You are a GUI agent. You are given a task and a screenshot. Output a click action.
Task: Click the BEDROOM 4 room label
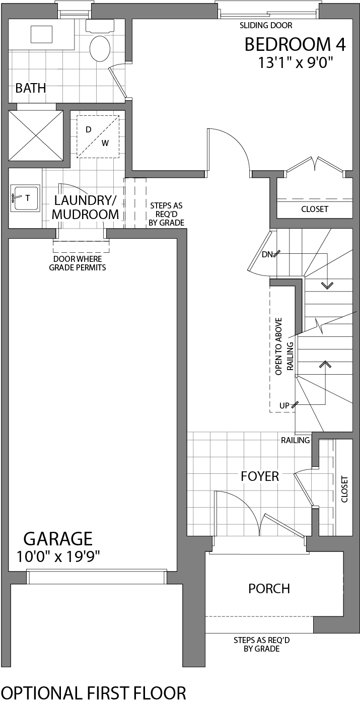pyautogui.click(x=295, y=45)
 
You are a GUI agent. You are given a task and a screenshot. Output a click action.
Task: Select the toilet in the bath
pyautogui.click(x=100, y=48)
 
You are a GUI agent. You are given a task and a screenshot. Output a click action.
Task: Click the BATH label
pyautogui.click(x=31, y=88)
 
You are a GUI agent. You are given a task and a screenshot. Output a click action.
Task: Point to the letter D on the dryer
pyautogui.click(x=89, y=129)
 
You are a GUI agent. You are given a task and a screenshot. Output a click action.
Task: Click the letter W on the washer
pyautogui.click(x=105, y=143)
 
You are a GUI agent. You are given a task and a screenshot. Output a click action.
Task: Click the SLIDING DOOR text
pyautogui.click(x=266, y=25)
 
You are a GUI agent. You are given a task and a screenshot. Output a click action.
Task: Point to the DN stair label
pyautogui.click(x=267, y=254)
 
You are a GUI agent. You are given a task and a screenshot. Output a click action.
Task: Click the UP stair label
pyautogui.click(x=285, y=405)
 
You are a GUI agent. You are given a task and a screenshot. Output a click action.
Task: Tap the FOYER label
pyautogui.click(x=260, y=476)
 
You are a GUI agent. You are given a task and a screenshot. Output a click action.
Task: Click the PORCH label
pyautogui.click(x=269, y=588)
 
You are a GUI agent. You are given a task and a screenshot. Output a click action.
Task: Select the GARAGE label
pyautogui.click(x=58, y=539)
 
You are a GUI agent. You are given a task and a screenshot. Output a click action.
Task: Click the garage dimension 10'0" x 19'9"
pyautogui.click(x=58, y=556)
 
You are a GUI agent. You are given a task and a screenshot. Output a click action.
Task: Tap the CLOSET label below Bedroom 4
pyautogui.click(x=315, y=209)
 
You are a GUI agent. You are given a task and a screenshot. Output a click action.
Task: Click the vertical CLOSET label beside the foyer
pyautogui.click(x=344, y=489)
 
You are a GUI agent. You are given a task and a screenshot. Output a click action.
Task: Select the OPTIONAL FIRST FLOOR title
pyautogui.click(x=94, y=693)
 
